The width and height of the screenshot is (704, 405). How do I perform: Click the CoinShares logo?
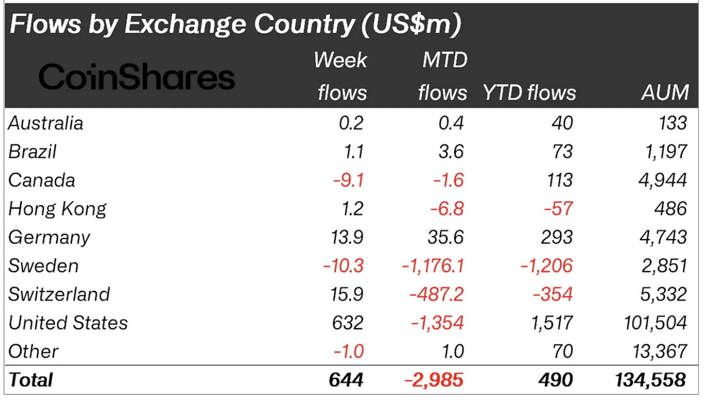pyautogui.click(x=137, y=78)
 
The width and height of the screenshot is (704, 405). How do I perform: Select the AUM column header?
pyautogui.click(x=665, y=93)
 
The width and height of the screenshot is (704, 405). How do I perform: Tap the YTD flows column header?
pyautogui.click(x=529, y=93)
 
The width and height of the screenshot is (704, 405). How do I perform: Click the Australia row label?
pyautogui.click(x=46, y=123)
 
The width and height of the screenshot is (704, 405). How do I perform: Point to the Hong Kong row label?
pyautogui.click(x=58, y=209)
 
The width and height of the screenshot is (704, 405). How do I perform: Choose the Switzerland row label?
pyautogui.click(x=59, y=295)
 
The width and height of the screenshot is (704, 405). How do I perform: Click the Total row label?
pyautogui.click(x=31, y=380)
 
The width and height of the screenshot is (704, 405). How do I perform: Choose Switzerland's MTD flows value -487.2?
pyautogui.click(x=438, y=295)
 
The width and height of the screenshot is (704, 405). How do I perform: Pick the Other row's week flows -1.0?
pyautogui.click(x=348, y=352)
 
